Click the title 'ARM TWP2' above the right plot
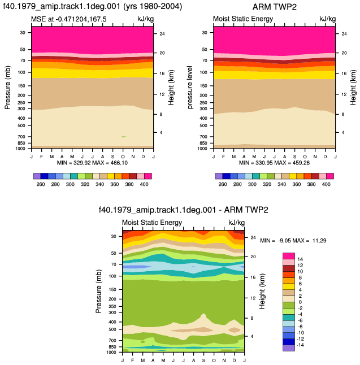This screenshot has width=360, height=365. pyautogui.click(x=274, y=7)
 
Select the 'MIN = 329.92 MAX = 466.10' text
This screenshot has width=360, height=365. pyautogui.click(x=92, y=163)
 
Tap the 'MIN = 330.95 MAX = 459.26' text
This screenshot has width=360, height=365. pyautogui.click(x=274, y=163)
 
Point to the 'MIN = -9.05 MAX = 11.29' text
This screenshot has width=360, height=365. pyautogui.click(x=293, y=241)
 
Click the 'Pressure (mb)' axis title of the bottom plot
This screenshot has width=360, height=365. pyautogui.click(x=98, y=291)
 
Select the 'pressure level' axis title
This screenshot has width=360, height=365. pyautogui.click(x=190, y=87)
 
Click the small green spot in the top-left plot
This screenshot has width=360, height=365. pyautogui.click(x=124, y=137)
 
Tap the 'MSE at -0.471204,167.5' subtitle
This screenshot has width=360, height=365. pyautogui.click(x=69, y=19)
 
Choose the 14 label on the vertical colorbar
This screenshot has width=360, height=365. pyautogui.click(x=300, y=259)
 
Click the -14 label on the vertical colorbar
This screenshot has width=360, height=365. pyautogui.click(x=300, y=345)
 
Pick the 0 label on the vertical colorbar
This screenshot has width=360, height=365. pyautogui.click(x=300, y=302)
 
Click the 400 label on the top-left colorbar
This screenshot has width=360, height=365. pyautogui.click(x=144, y=184)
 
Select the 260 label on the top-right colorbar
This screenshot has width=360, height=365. pyautogui.click(x=222, y=184)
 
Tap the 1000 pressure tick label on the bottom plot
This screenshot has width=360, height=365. pyautogui.click(x=111, y=352)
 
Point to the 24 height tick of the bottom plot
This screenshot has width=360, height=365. pyautogui.click(x=253, y=237)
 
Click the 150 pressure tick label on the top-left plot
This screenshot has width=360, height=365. pyautogui.click(x=21, y=86)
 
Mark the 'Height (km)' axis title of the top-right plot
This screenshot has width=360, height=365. pyautogui.click(x=353, y=87)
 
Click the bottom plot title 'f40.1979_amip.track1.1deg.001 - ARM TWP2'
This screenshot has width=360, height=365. pyautogui.click(x=184, y=210)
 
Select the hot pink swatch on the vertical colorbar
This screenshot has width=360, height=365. pyautogui.click(x=289, y=256)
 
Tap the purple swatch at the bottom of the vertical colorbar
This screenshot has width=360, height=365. pyautogui.click(x=289, y=348)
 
